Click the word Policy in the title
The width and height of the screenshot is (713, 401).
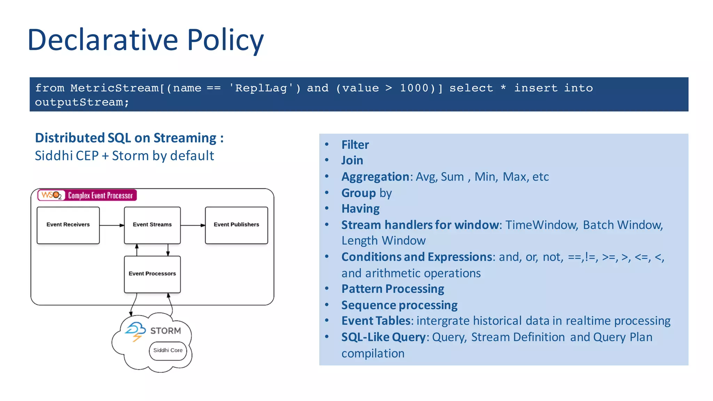click(225, 40)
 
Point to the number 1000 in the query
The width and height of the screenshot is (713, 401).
click(414, 88)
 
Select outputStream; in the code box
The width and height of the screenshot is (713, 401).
click(82, 102)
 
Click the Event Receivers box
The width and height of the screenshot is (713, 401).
click(68, 225)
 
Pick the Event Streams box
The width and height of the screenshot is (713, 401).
click(152, 225)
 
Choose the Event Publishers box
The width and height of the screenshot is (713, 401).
click(236, 225)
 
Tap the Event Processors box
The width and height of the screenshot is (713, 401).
click(152, 274)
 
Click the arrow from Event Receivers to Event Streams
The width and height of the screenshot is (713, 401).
click(112, 226)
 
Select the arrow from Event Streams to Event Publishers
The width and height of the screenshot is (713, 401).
click(193, 226)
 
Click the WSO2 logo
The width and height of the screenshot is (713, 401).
click(52, 195)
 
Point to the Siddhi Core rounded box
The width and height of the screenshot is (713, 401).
click(168, 351)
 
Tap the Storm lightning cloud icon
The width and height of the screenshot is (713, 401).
click(135, 331)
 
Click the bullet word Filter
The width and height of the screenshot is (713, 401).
click(355, 145)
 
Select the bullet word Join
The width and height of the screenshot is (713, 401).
click(352, 160)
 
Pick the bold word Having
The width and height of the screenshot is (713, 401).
click(360, 209)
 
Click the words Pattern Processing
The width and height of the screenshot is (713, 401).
click(392, 289)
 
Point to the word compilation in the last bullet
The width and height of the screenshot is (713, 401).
click(373, 354)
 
